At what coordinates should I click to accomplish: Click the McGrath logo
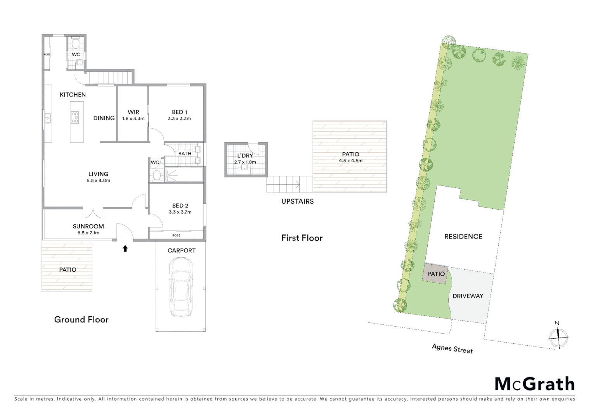click(534, 384)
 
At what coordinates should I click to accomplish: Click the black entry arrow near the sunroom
click(125, 248)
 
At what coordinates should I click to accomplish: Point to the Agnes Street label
click(452, 348)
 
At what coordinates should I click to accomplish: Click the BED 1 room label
click(179, 112)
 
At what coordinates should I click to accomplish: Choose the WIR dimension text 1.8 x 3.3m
click(133, 118)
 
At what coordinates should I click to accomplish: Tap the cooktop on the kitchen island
click(75, 117)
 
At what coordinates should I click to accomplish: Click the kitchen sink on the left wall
click(48, 118)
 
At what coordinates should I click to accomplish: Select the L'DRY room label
click(245, 156)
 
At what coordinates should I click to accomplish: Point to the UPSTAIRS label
click(297, 201)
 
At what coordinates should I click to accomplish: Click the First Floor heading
click(302, 238)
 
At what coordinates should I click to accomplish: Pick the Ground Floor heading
click(81, 320)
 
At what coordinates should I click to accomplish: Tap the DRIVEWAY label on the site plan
click(468, 296)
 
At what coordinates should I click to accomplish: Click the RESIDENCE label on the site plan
click(463, 237)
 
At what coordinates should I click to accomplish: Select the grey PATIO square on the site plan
click(435, 274)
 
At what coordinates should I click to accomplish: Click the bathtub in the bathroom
click(184, 175)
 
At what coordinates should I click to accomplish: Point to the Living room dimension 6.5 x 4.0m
click(98, 180)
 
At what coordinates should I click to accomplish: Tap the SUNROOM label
click(88, 226)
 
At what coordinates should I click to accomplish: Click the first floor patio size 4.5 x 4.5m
click(350, 161)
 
